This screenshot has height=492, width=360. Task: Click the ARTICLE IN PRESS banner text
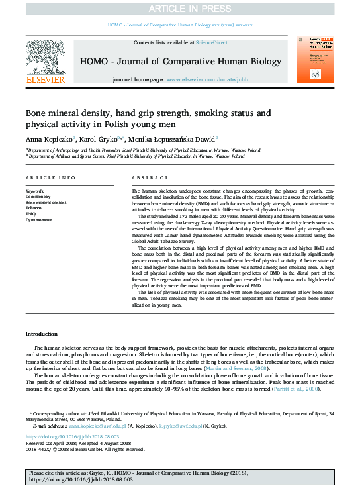[x=179, y=9]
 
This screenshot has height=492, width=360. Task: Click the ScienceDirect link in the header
[x=212, y=42]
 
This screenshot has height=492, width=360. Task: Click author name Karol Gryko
[x=97, y=140]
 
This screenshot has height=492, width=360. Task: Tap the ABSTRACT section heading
[x=146, y=179]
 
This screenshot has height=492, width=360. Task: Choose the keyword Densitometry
[x=38, y=197]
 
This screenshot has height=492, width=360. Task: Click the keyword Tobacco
[x=34, y=207]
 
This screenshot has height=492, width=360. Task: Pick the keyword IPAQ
[x=31, y=213]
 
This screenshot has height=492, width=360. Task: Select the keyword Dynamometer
[x=39, y=218]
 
